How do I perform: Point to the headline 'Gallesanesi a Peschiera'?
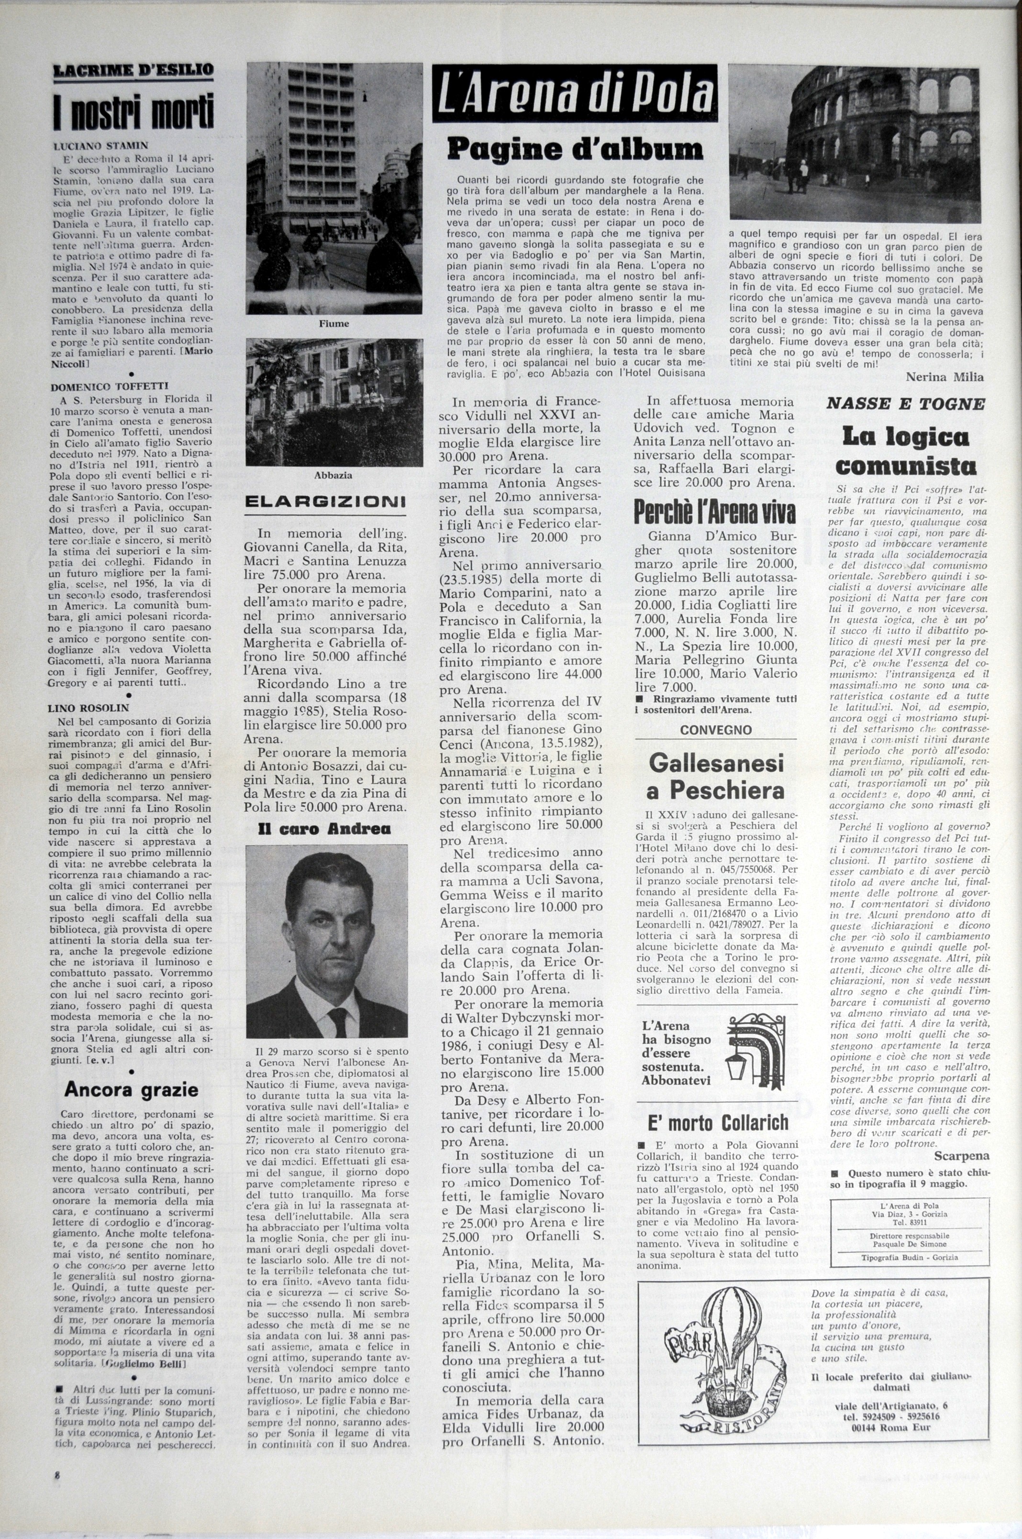tap(715, 776)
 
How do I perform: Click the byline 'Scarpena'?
tap(961, 1156)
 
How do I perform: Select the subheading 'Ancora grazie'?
tap(131, 1089)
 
